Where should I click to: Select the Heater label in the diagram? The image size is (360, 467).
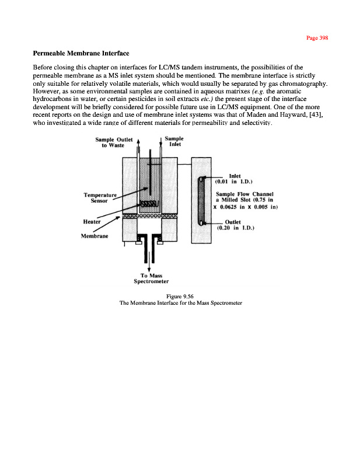[x=92, y=222]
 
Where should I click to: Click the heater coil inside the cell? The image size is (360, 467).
[x=149, y=204]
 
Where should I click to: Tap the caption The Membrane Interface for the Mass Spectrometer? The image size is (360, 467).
[x=180, y=304]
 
